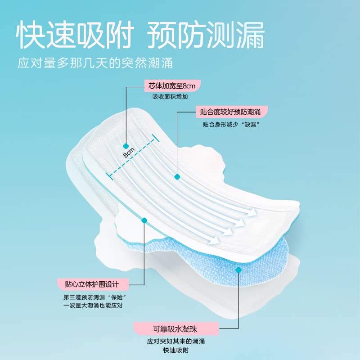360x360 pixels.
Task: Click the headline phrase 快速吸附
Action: [76, 35]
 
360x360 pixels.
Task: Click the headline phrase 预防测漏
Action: [206, 35]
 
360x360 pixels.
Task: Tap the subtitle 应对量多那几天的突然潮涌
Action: [95, 62]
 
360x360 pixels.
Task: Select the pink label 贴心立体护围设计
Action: [93, 284]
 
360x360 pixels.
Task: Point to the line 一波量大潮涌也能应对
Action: [93, 306]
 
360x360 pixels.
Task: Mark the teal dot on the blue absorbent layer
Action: [238, 270]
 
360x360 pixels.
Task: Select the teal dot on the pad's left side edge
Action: [144, 220]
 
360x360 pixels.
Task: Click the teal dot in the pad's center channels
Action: [177, 177]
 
